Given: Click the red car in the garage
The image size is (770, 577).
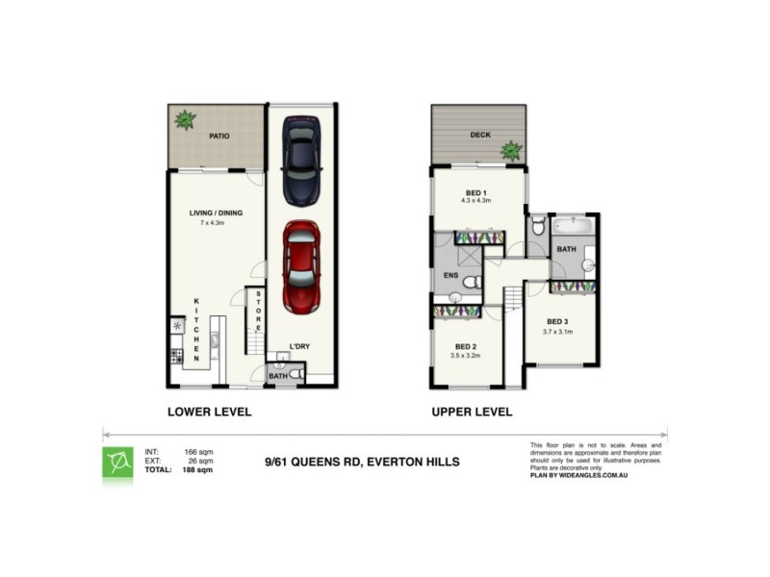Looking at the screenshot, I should point(301,266).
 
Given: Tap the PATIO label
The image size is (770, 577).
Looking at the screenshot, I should point(218,137).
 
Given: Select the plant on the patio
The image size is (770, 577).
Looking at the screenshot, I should point(184,120).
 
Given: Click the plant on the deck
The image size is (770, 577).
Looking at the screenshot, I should point(510,149).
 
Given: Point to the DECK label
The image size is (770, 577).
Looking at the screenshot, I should point(480,136).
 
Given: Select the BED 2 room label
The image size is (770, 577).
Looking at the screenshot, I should point(465,346).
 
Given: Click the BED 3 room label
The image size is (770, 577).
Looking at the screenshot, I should point(559,321).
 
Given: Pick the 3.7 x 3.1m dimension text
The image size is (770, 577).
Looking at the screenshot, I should point(559,332).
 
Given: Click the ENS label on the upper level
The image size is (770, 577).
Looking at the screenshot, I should point(450,276).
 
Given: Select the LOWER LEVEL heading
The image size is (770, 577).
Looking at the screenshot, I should point(210,412).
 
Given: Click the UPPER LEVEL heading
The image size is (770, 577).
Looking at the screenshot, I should point(472,412).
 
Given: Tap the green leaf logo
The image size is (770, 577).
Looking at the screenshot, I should point(118,463).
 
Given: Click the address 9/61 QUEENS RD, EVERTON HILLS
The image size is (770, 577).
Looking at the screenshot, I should point(362,463).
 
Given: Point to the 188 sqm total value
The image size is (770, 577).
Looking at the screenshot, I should point(198,470).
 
